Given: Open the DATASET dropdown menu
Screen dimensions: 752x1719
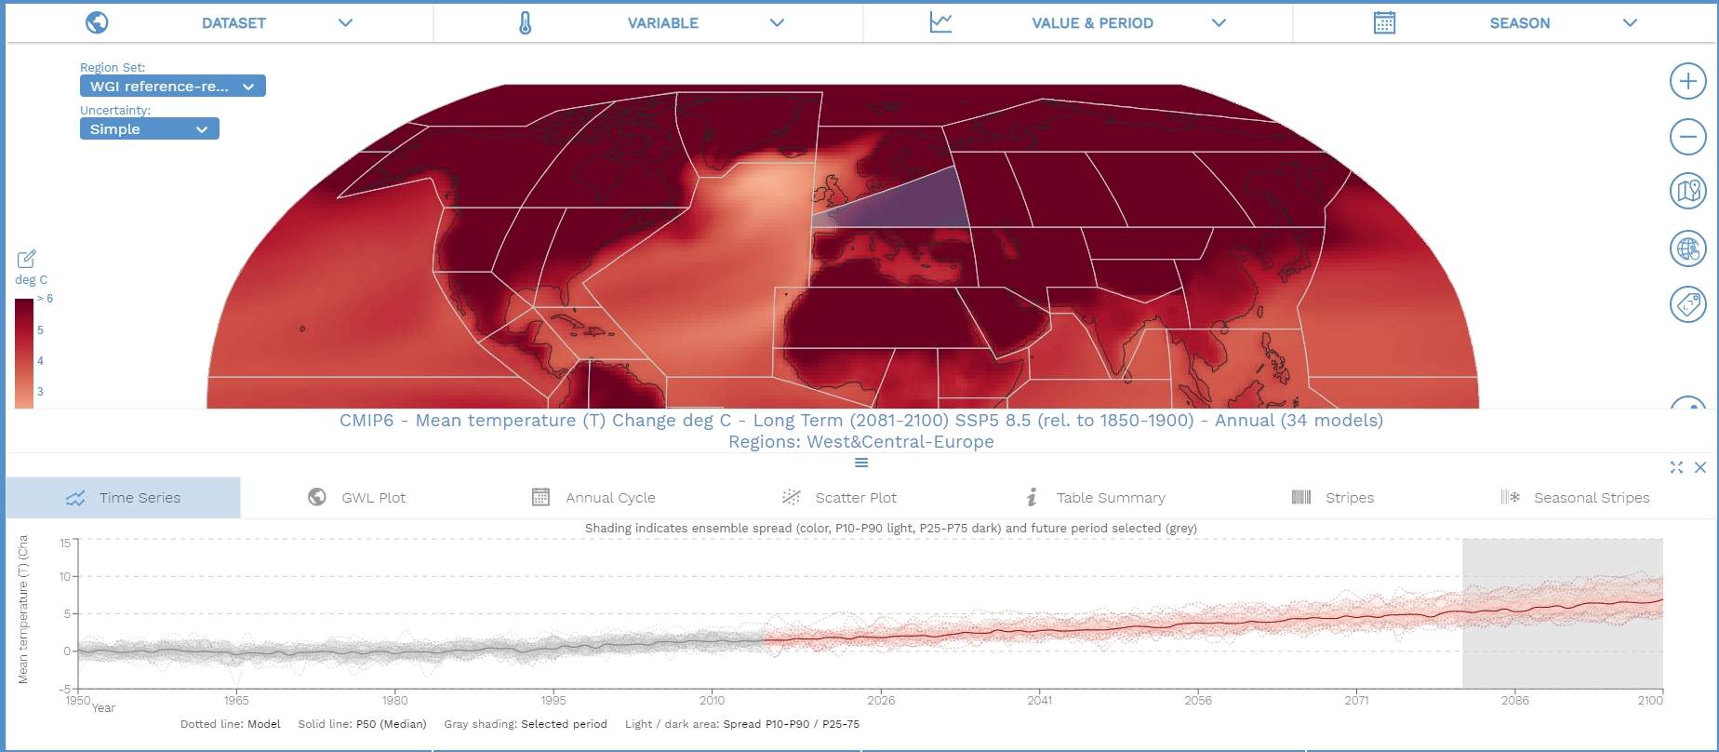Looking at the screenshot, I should tap(234, 23).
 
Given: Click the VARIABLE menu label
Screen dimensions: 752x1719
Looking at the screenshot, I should tap(662, 23).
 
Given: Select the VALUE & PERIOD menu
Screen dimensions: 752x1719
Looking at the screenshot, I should tap(1092, 23).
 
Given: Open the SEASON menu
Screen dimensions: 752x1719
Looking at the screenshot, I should tap(1519, 23).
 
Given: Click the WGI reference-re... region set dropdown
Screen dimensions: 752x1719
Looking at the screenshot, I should tap(172, 87).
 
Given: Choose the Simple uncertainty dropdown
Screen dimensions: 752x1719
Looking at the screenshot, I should tap(149, 129).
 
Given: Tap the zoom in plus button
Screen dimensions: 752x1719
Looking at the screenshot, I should tap(1687, 81).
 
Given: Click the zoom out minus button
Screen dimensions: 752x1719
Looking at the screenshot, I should tap(1687, 137).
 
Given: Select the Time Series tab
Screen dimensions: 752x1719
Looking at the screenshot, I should tap(123, 498).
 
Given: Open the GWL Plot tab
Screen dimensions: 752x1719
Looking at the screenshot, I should tap(357, 498).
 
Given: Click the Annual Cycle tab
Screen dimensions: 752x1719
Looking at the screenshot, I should tap(593, 498).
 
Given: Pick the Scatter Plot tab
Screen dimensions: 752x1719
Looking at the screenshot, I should tap(840, 498).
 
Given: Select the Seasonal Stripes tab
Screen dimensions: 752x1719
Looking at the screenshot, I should tap(1576, 498).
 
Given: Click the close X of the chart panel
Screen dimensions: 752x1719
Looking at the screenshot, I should tap(1700, 467).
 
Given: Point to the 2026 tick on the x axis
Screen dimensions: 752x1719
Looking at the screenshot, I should tap(881, 700).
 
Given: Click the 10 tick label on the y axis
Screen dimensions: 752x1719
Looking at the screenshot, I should tap(65, 577).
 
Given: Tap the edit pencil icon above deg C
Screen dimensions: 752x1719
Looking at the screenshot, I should tap(26, 259).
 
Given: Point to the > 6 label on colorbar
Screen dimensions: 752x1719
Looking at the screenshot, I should tap(45, 299).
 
